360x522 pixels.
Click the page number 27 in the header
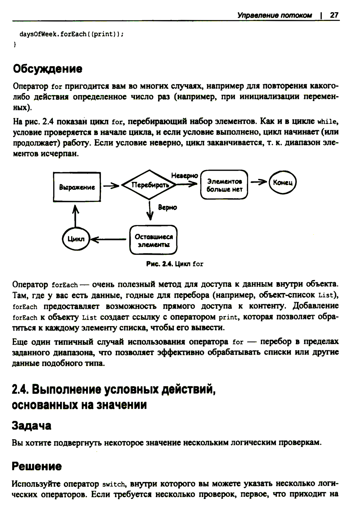(334, 15)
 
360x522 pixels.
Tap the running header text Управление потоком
(274, 15)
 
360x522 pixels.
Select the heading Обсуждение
(48, 68)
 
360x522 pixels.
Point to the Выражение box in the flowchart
(77, 187)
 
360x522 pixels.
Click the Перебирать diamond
(149, 185)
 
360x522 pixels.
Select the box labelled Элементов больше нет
(224, 185)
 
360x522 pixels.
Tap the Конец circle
(283, 183)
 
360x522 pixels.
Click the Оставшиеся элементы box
(153, 240)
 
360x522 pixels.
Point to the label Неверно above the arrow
(184, 176)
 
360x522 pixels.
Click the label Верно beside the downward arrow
(167, 208)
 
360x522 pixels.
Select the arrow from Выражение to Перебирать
(111, 186)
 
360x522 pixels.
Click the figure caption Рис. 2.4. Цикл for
(175, 264)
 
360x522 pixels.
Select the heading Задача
(32, 426)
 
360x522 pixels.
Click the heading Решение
(37, 466)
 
